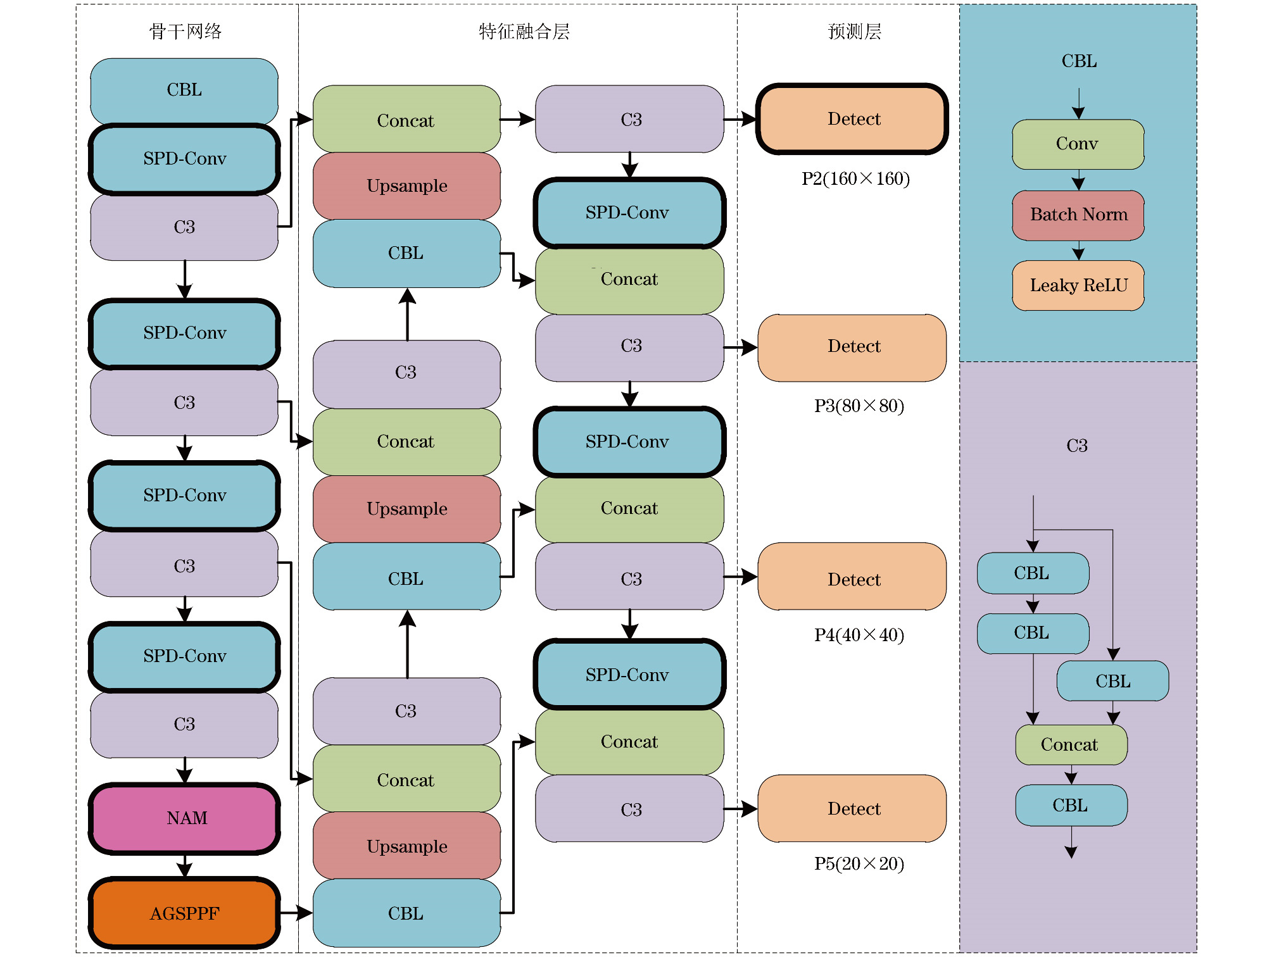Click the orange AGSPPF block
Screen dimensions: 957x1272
click(184, 913)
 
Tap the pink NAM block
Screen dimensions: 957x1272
click(184, 818)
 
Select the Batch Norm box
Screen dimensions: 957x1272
click(1078, 215)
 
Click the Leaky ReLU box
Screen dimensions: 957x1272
click(1078, 285)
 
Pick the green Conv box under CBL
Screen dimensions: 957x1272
click(1078, 144)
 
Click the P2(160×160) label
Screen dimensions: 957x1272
click(855, 179)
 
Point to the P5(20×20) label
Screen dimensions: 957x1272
click(859, 864)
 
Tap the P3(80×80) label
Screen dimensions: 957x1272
click(859, 406)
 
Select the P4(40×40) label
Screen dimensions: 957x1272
click(859, 635)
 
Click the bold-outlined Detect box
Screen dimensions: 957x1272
click(852, 119)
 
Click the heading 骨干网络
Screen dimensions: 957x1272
click(186, 32)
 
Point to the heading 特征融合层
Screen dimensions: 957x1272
click(524, 32)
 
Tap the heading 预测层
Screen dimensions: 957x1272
click(854, 32)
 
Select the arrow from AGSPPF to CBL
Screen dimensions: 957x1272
click(295, 913)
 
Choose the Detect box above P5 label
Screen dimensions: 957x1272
click(852, 808)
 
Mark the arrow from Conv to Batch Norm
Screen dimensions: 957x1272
click(1078, 180)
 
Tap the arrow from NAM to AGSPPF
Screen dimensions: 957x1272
click(184, 865)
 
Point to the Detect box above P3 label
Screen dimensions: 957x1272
click(852, 347)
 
